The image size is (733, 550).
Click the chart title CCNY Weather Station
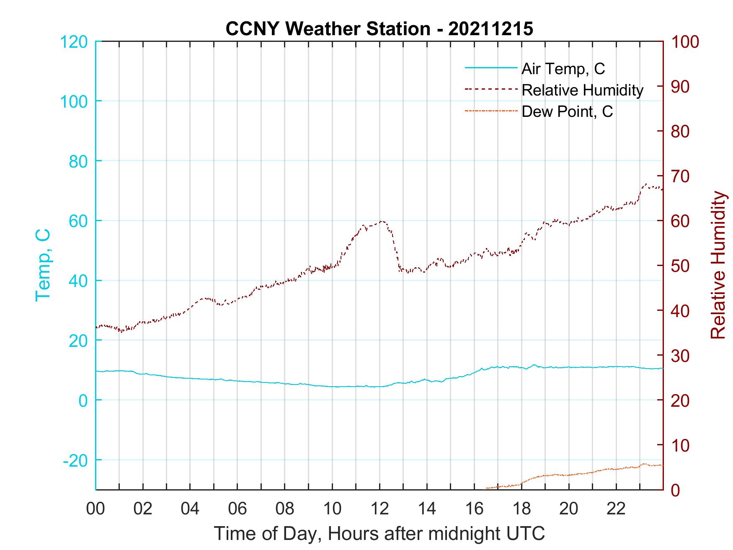(379, 29)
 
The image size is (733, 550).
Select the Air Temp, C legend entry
(563, 69)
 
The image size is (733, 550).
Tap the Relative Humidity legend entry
(582, 90)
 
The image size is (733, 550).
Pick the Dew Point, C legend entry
(567, 112)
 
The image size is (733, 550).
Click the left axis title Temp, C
(43, 265)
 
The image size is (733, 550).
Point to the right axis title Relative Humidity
(718, 265)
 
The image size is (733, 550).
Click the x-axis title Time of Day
(379, 533)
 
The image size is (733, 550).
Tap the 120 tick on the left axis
(74, 42)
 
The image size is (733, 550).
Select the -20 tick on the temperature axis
(75, 460)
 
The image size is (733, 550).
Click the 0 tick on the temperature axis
(83, 400)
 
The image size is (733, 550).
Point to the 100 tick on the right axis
(685, 42)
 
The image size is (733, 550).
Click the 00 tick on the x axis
(95, 509)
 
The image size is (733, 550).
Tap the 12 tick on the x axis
(379, 509)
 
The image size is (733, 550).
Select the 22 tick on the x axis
(616, 509)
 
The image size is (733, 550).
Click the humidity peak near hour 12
(382, 221)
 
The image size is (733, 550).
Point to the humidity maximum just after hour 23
(645, 184)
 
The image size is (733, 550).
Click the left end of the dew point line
(485, 488)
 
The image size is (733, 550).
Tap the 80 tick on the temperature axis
(79, 161)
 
